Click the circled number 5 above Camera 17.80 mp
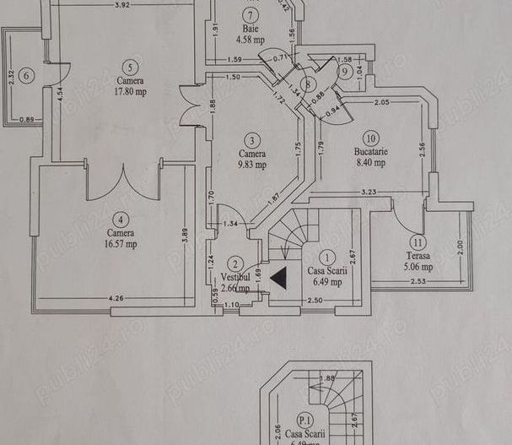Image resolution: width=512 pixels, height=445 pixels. pos(128,68)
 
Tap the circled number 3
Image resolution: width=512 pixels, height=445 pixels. pos(251,140)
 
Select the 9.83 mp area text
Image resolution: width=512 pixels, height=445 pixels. pos(251,166)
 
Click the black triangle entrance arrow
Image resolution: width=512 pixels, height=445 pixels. pos(279,275)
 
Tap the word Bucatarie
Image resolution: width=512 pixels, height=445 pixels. pos(369,154)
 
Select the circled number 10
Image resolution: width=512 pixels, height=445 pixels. pos(369,137)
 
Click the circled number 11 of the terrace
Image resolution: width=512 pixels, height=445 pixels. pos(419,241)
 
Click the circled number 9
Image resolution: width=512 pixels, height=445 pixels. pos(345,72)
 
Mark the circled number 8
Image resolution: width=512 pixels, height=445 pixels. pos(310,84)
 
